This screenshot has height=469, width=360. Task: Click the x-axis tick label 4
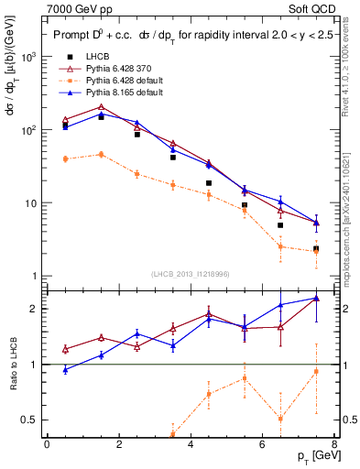[x=191, y=444]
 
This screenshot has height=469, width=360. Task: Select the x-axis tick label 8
[x=334, y=444]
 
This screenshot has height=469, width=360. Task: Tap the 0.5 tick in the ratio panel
[x=30, y=420]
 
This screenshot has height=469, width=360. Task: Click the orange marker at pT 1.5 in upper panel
[x=101, y=154]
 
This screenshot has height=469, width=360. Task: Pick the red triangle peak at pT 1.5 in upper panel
[x=101, y=107]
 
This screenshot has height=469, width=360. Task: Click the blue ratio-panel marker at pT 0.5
[x=65, y=369]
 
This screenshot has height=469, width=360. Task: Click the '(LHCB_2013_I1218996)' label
[x=190, y=275]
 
